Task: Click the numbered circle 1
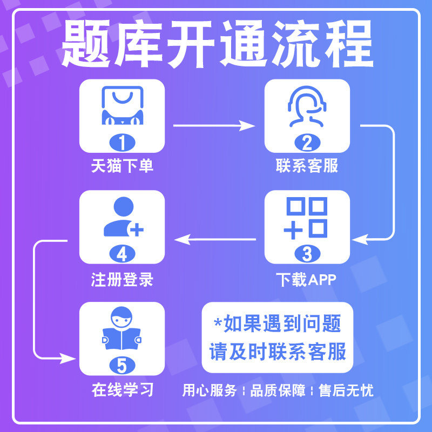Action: point(122,143)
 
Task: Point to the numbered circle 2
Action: point(307,143)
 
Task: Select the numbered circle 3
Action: point(307,253)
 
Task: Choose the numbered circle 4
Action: point(122,253)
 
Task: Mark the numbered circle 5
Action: point(122,365)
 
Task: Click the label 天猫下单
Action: point(122,166)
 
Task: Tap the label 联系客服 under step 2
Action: point(307,166)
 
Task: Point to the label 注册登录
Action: point(122,279)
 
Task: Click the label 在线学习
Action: point(122,390)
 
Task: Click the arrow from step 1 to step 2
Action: point(214,126)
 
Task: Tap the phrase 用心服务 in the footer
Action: point(210,390)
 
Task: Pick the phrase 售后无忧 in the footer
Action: point(346,390)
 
